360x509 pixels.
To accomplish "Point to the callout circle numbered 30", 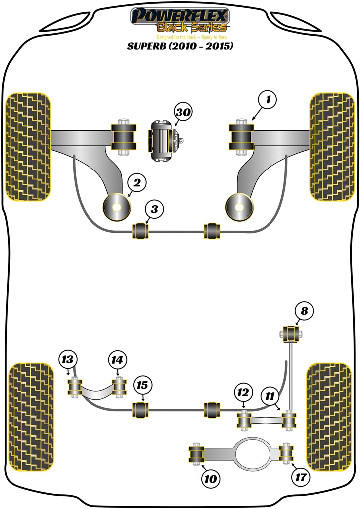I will (183, 113).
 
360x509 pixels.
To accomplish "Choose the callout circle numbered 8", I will (304, 311).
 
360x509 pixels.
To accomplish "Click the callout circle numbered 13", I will (67, 360).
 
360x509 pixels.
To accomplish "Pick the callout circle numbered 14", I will (117, 360).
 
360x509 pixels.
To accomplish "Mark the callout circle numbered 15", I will (142, 385).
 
